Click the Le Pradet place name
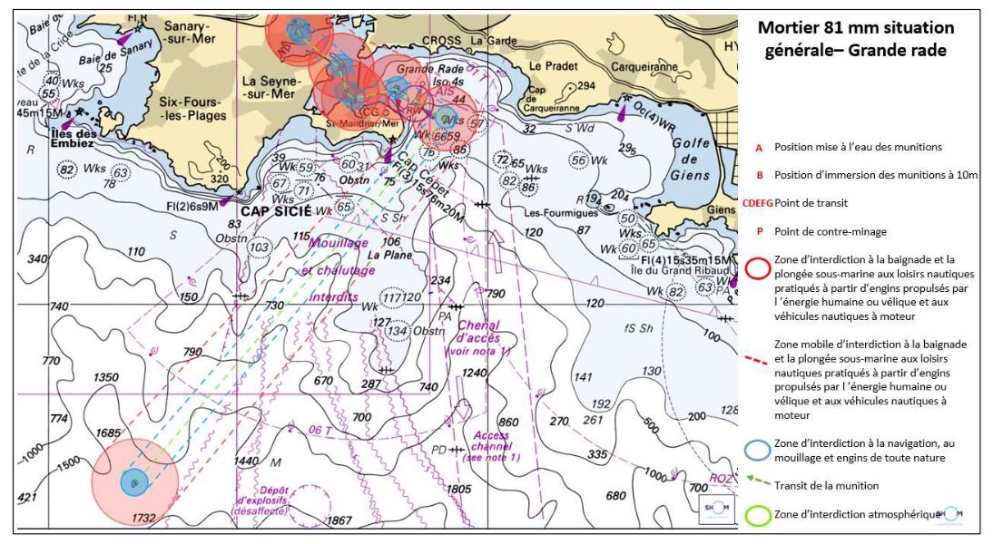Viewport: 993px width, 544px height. pyautogui.click(x=547, y=66)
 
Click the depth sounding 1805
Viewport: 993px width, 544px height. pyautogui.click(x=459, y=490)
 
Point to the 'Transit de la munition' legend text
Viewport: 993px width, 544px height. pyautogui.click(x=827, y=485)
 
